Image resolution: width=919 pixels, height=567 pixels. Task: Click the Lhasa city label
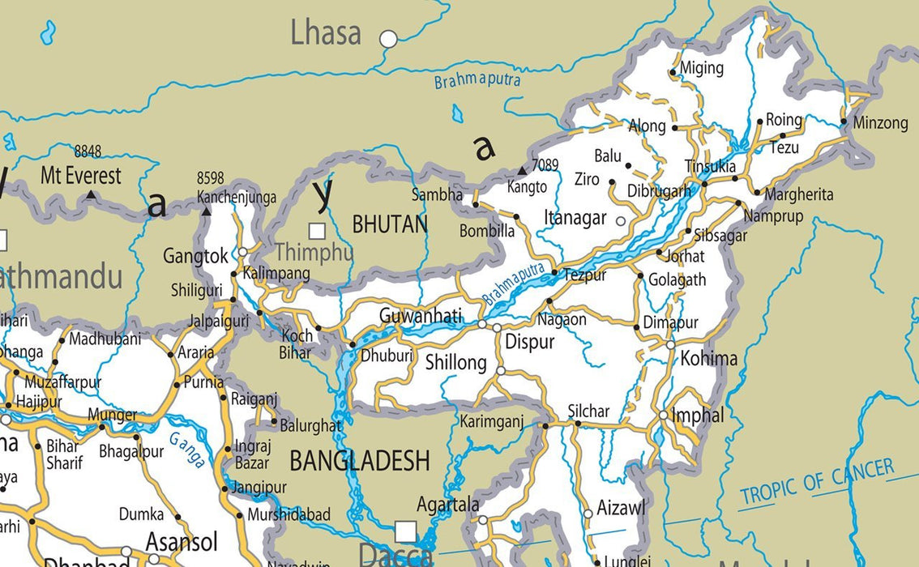point(326,33)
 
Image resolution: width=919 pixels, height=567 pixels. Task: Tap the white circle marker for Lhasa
point(389,38)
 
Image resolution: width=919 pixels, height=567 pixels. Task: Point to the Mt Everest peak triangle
point(92,195)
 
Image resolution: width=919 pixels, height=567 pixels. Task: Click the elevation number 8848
point(88,151)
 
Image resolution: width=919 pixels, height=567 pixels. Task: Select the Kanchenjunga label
point(236,198)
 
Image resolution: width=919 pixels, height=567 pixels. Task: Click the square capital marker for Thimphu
point(317,231)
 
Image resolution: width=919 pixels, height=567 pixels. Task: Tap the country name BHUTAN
point(389,224)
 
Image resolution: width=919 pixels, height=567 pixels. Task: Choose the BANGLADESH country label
point(360,461)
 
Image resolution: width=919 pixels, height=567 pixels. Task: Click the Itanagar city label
point(575,218)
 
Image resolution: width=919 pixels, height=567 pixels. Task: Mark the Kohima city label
point(709,358)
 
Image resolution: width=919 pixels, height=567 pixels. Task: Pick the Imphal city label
point(698,416)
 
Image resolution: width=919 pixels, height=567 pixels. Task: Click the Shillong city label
point(456,363)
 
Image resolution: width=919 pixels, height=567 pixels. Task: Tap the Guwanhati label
point(421,315)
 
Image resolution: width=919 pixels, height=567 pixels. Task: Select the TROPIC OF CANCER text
point(817,482)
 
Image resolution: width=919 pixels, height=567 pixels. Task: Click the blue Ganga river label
point(187,450)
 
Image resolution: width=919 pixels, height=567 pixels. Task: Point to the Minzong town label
point(880,123)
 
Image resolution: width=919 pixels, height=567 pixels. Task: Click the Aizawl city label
point(622,508)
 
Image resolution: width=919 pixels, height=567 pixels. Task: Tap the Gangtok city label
point(195,257)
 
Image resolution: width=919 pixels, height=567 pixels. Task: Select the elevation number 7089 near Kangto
point(545,165)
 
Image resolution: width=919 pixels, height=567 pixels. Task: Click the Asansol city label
point(182,540)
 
